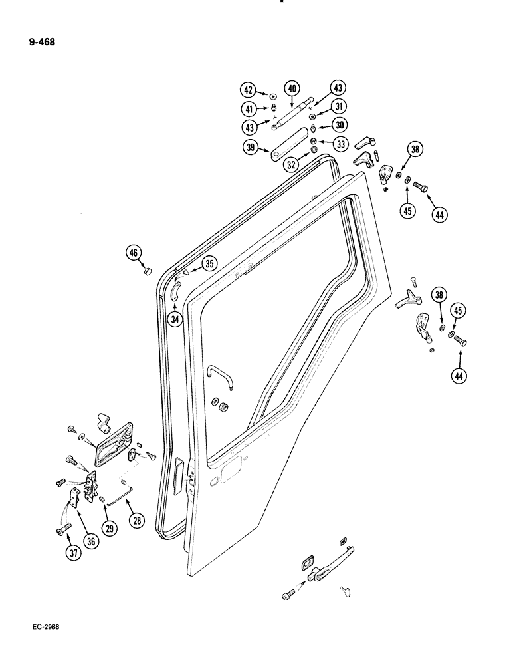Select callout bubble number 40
click(x=292, y=89)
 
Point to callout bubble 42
click(x=248, y=90)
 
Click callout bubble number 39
click(x=251, y=148)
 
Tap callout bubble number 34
click(x=175, y=320)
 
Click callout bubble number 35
click(x=209, y=263)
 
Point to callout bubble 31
click(x=340, y=107)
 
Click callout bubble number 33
click(x=341, y=143)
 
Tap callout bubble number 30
click(x=340, y=125)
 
